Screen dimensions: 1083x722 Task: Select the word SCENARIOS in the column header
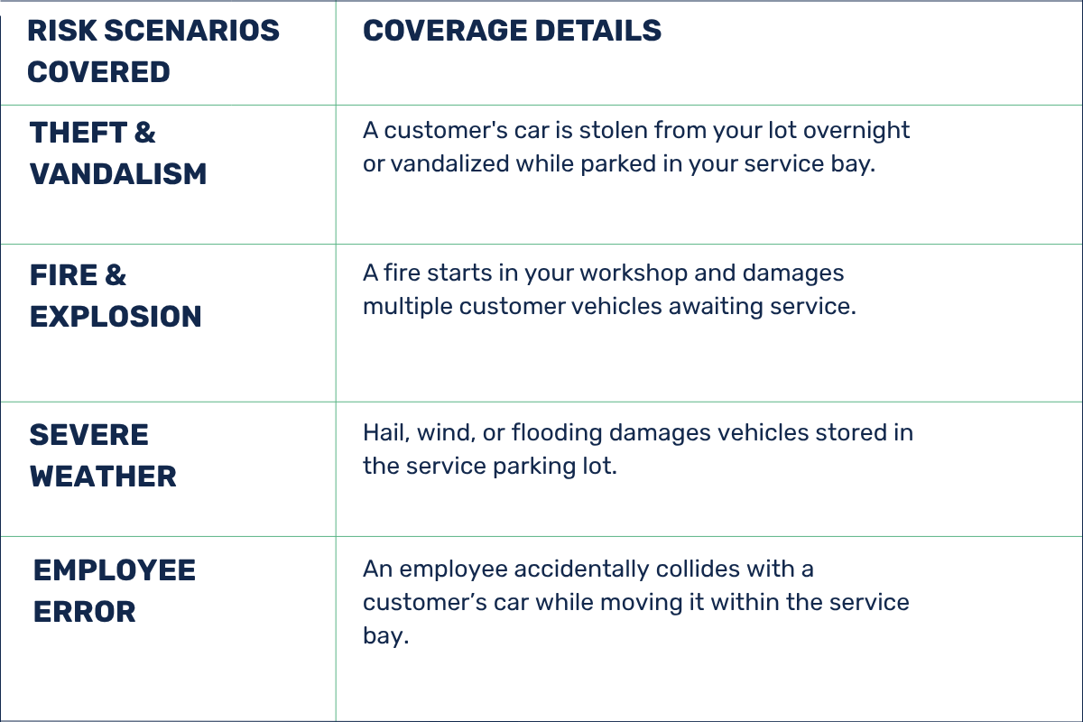[x=192, y=31]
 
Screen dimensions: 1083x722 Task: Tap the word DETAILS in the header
[x=598, y=31]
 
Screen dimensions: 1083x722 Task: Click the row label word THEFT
[x=79, y=133]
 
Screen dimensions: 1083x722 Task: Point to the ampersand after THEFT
[x=145, y=133]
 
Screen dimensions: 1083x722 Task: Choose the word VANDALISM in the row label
[x=118, y=174]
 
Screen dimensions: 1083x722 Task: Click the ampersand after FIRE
[x=116, y=275]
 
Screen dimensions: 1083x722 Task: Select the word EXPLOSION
[x=116, y=317]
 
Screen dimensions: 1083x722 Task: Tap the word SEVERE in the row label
[x=89, y=435]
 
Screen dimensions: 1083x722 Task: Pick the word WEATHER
[x=103, y=477]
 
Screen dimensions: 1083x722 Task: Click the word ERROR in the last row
[x=85, y=612]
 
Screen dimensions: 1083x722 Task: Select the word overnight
[x=856, y=132]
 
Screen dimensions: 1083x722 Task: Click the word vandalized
[x=450, y=163]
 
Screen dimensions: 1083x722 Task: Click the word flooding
[x=557, y=434]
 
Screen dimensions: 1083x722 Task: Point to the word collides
[x=698, y=569]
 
